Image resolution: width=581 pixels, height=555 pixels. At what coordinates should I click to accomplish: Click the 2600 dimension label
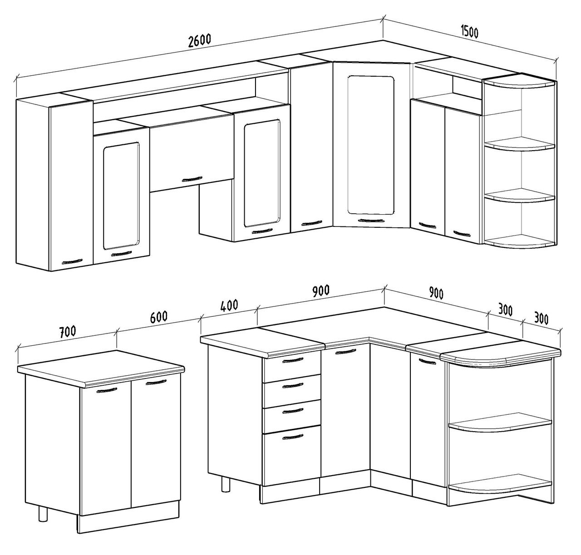200,41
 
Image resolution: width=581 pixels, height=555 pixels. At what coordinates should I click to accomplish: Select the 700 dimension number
68,332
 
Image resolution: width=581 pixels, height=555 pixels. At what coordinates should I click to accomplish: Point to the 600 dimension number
158,317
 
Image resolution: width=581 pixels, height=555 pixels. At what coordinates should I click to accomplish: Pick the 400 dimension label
229,305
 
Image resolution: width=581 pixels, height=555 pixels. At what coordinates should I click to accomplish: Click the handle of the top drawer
293,360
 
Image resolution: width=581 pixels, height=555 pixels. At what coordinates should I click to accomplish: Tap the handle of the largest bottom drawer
293,437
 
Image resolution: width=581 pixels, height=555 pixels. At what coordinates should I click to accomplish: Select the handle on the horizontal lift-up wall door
192,179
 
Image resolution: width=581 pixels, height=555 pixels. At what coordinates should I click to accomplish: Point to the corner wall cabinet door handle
372,221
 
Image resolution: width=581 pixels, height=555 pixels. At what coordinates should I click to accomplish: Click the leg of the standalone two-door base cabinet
43,510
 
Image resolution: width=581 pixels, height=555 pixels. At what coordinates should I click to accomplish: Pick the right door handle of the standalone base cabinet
156,382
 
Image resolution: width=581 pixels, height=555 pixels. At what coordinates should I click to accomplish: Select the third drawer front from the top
291,413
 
